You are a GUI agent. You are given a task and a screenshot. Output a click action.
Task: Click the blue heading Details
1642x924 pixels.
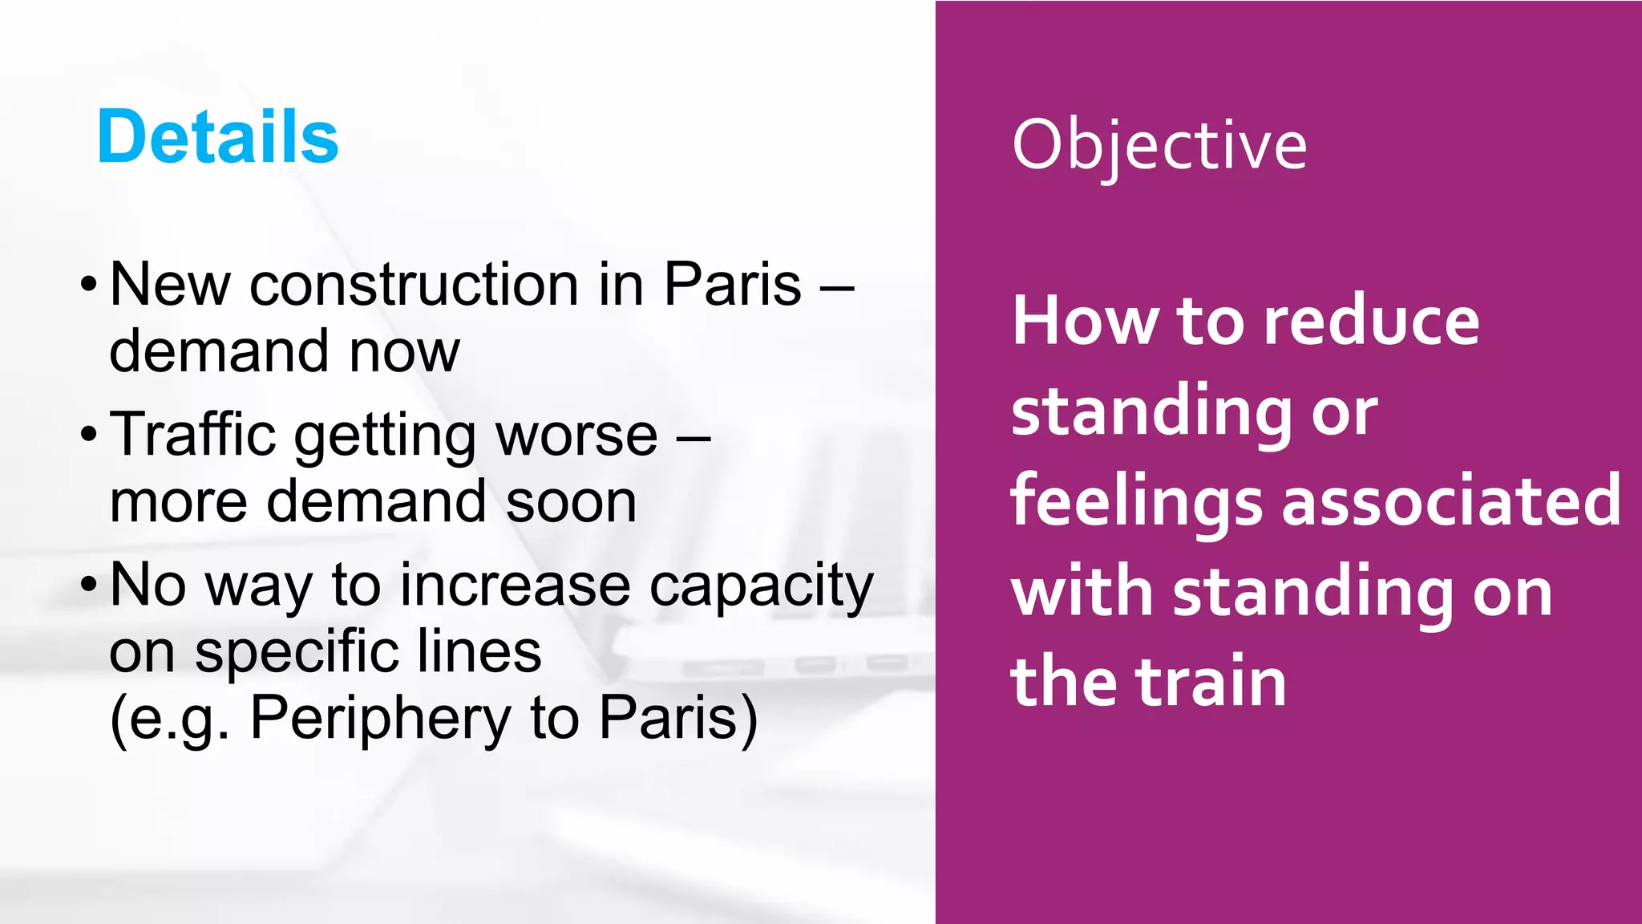(217, 137)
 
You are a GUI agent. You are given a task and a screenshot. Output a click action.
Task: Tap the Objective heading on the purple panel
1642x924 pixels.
(1159, 145)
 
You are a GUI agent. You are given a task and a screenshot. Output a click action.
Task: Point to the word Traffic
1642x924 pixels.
(192, 434)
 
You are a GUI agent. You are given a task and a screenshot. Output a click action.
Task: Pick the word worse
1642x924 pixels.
(576, 436)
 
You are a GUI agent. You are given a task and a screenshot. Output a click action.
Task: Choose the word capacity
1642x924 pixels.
(761, 586)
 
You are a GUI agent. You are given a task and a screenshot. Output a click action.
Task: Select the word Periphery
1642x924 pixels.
(381, 718)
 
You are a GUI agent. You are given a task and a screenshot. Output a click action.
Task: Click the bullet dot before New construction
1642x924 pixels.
(89, 286)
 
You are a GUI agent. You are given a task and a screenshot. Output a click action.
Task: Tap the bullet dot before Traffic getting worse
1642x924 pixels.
(89, 436)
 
